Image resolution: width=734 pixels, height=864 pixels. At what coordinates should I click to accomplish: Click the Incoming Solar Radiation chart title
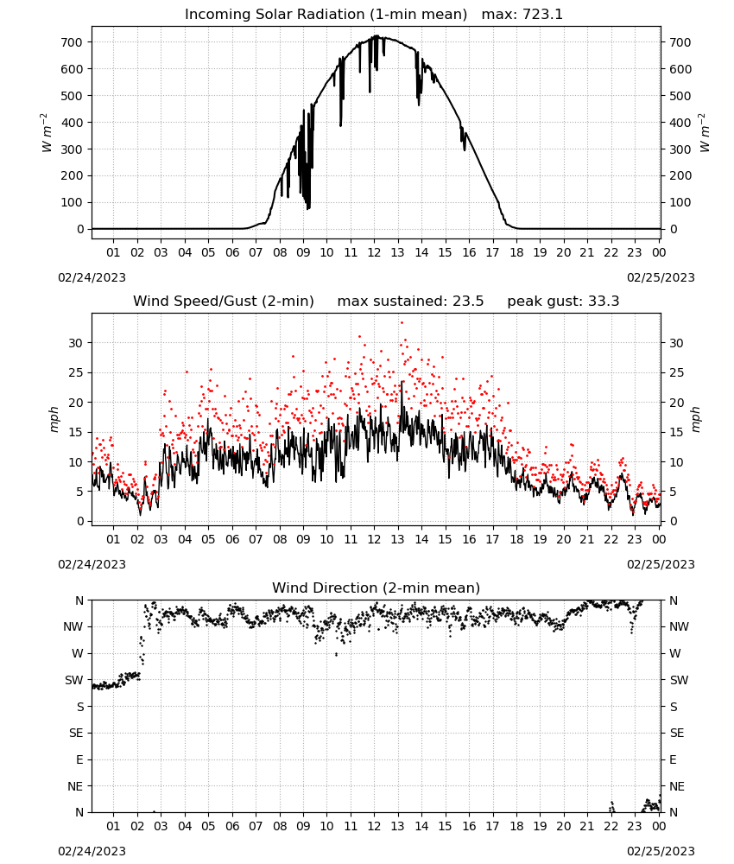326,15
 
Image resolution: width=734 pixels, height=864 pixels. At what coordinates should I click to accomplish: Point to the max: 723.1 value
522,15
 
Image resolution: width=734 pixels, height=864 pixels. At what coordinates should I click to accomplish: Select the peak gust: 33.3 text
563,302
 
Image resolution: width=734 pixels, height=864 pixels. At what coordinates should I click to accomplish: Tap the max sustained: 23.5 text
410,302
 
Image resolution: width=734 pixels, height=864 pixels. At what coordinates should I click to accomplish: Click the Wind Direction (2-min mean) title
376,588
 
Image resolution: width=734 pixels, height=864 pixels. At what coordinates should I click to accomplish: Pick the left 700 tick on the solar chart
73,42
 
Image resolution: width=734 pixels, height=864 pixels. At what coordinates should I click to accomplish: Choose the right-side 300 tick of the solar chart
680,149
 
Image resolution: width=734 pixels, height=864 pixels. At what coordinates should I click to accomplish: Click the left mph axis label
54,419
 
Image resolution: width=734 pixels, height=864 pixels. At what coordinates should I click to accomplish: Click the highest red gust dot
402,322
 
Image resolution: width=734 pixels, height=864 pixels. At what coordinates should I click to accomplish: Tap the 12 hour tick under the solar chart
374,252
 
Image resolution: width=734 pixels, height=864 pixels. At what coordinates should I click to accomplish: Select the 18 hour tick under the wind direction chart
516,826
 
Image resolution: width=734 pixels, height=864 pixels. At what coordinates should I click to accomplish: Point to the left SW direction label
73,680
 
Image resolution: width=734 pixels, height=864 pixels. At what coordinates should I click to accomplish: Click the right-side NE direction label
677,786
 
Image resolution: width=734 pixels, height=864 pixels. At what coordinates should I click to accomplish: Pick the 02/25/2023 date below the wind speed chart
661,564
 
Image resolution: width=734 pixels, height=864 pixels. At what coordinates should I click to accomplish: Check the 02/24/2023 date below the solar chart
92,277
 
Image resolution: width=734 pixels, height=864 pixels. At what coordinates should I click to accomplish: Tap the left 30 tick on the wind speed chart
76,343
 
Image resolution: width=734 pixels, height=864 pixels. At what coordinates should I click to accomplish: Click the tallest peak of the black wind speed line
402,382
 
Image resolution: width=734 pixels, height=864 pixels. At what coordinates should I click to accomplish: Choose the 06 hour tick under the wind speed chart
232,539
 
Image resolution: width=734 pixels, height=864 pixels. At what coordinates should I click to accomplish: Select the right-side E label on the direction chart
673,759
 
